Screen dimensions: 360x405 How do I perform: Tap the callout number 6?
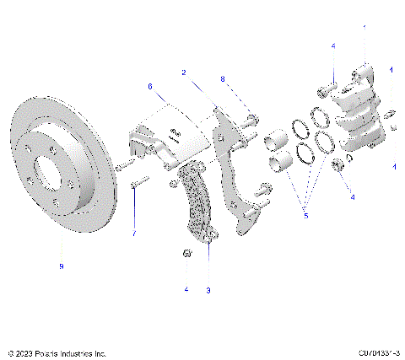click(150, 86)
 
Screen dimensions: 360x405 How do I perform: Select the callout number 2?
click(183, 73)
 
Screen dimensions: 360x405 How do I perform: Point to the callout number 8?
click(223, 79)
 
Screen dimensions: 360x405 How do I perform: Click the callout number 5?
click(305, 216)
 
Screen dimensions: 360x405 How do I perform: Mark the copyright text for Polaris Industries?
click(56, 353)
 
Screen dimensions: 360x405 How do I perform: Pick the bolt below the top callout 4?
click(327, 86)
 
